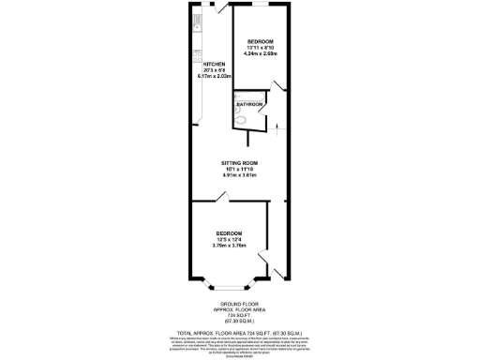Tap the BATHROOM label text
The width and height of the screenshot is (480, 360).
tap(248, 104)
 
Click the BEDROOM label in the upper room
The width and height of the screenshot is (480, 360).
tap(260, 42)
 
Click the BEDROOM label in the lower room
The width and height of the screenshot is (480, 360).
tap(230, 232)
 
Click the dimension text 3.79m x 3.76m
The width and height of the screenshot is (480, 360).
tap(230, 246)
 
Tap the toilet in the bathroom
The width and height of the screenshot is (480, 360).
tap(242, 118)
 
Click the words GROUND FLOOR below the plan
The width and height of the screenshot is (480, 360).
tap(239, 306)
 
